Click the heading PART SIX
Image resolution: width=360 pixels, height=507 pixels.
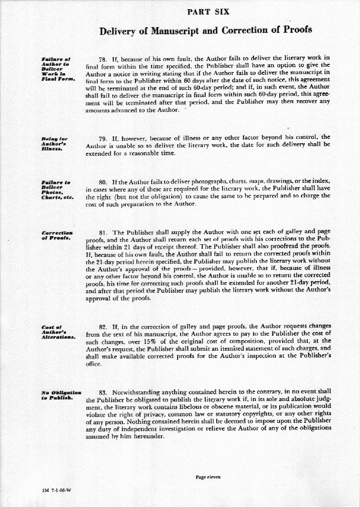[208, 11]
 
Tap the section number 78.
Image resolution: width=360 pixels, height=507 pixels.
[103, 59]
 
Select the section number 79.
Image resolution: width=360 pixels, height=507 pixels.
[103, 138]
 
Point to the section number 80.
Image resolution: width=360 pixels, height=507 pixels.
[103, 182]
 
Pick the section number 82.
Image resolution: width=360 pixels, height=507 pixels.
[103, 327]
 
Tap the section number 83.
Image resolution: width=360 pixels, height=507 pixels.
[103, 392]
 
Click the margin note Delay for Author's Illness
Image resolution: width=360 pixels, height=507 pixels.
[54, 144]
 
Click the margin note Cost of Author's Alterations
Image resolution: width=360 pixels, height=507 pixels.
[58, 333]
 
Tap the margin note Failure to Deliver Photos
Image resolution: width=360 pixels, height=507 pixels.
[57, 190]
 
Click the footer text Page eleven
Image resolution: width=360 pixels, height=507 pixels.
[208, 477]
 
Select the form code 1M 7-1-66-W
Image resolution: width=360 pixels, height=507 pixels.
[56, 491]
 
